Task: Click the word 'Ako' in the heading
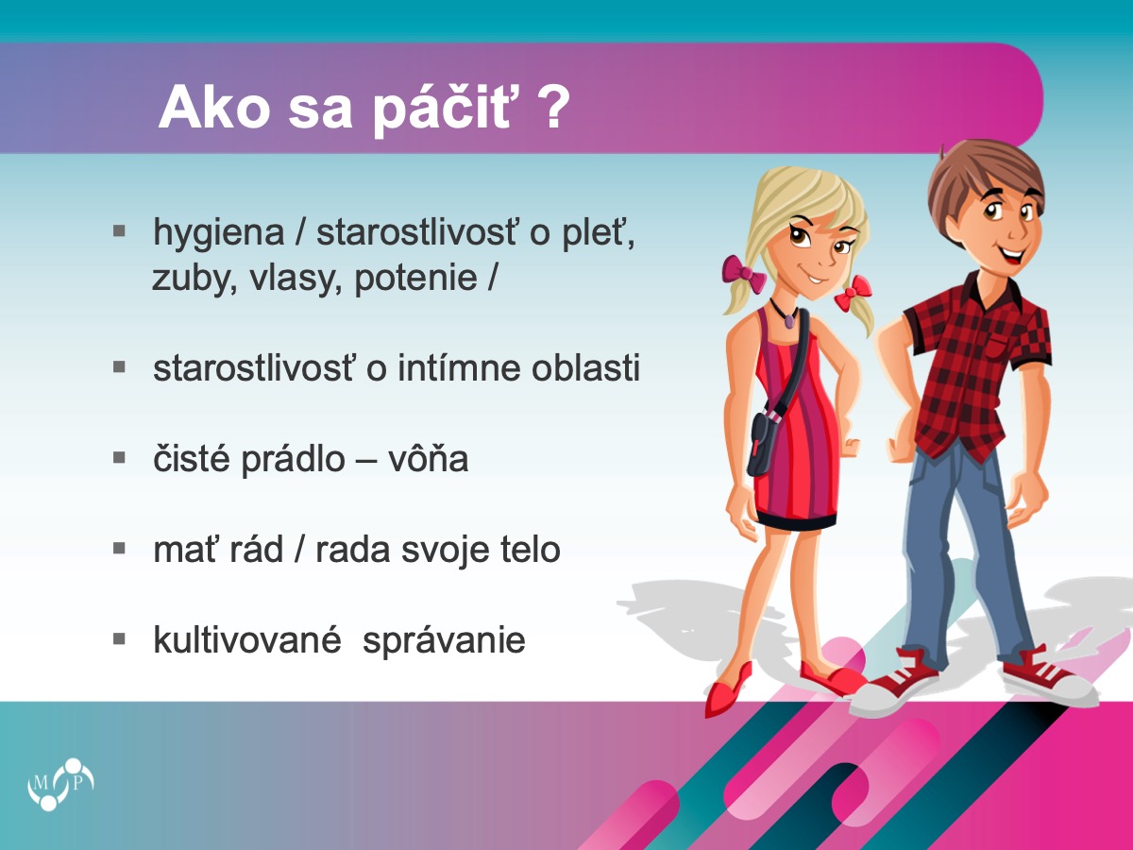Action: pos(214,108)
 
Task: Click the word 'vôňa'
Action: pos(428,458)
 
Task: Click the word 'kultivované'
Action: pos(247,639)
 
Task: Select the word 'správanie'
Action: pos(444,642)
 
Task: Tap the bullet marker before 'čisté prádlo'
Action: pos(119,458)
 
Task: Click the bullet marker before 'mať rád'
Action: pos(119,548)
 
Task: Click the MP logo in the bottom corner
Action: pos(60,784)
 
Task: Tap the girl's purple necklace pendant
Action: pos(789,320)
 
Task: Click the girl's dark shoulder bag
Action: pos(761,444)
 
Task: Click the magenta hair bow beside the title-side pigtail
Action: pos(744,275)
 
